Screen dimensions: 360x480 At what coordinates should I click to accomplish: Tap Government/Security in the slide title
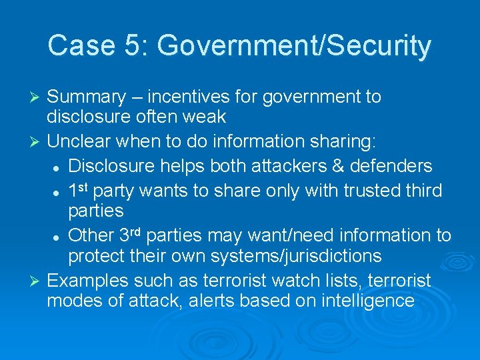click(294, 46)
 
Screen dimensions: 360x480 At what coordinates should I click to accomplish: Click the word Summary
click(87, 97)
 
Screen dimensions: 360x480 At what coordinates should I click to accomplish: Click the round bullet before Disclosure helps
click(58, 167)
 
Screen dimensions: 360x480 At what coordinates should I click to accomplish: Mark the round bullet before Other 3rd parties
click(58, 237)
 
